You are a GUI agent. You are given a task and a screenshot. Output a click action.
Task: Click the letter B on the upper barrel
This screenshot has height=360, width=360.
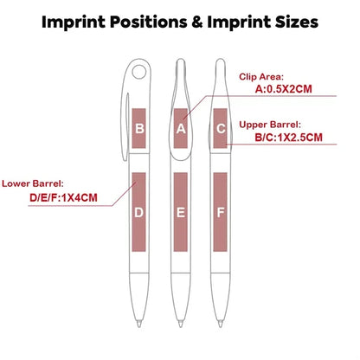139,128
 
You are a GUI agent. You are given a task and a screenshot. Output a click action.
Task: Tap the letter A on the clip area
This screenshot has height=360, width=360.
181,129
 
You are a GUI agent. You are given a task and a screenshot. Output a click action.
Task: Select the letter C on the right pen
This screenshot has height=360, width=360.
221,128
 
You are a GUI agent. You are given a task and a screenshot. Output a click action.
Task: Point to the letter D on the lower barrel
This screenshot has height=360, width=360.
138,213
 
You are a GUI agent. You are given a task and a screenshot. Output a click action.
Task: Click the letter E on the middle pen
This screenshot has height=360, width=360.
181,213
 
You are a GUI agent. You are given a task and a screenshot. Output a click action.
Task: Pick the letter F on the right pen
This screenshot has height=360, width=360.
221,213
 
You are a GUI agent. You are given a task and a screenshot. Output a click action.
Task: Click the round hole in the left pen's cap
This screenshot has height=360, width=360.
139,72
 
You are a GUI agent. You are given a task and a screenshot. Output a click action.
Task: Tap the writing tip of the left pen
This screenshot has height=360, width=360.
139,323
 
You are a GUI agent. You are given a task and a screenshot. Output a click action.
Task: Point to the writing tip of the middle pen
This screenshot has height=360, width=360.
181,323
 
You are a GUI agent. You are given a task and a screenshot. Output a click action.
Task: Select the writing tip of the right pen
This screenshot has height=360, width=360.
221,323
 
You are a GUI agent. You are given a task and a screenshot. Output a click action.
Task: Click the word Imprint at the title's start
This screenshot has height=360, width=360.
74,22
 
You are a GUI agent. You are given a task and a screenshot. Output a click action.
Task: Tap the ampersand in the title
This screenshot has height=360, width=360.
197,22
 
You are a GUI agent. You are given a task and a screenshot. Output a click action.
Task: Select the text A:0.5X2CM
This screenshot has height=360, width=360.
284,89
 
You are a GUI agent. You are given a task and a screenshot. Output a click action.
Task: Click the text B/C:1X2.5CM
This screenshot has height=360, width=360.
288,138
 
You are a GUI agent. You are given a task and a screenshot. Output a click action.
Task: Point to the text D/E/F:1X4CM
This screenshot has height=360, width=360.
63,198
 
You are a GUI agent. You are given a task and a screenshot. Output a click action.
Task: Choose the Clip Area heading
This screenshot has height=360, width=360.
261,77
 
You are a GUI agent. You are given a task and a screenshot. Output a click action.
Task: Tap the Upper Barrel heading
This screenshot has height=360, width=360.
270,125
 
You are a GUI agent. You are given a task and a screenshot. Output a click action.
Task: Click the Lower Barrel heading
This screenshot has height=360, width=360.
33,183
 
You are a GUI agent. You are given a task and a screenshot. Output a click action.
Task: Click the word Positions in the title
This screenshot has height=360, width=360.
149,22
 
